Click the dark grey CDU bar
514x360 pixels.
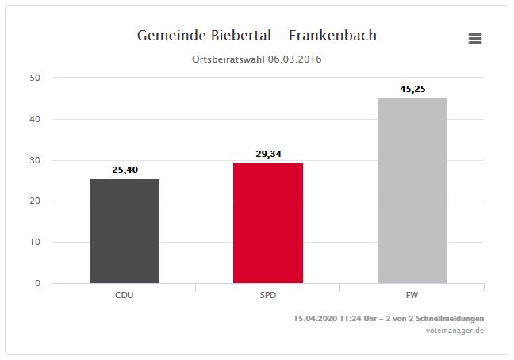click(125, 231)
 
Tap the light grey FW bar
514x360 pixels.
click(412, 190)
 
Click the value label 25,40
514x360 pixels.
click(125, 169)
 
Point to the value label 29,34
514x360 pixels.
click(268, 153)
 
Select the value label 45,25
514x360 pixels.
click(412, 89)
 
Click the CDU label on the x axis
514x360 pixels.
click(125, 295)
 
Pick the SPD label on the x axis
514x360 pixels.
click(268, 295)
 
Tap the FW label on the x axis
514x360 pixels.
click(412, 295)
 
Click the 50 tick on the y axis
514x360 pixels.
click(36, 78)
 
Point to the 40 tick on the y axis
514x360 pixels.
click(36, 119)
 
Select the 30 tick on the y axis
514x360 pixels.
click(36, 160)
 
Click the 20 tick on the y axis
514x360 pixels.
click(36, 201)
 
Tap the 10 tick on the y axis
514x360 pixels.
click(36, 243)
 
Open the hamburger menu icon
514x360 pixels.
click(475, 39)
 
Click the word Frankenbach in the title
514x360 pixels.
click(333, 36)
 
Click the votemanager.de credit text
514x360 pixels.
click(455, 331)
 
